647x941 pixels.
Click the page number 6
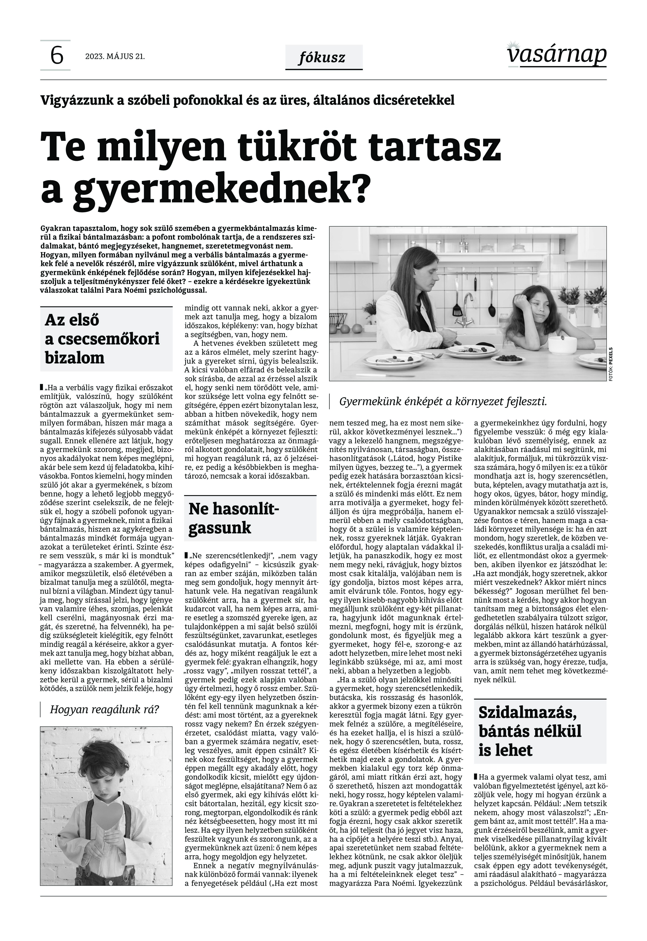pos(56,56)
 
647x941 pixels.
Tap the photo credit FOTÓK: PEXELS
pos(610,363)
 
